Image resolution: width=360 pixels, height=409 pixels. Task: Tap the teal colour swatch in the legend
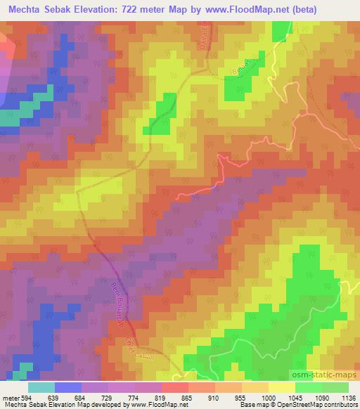(x=41, y=387)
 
